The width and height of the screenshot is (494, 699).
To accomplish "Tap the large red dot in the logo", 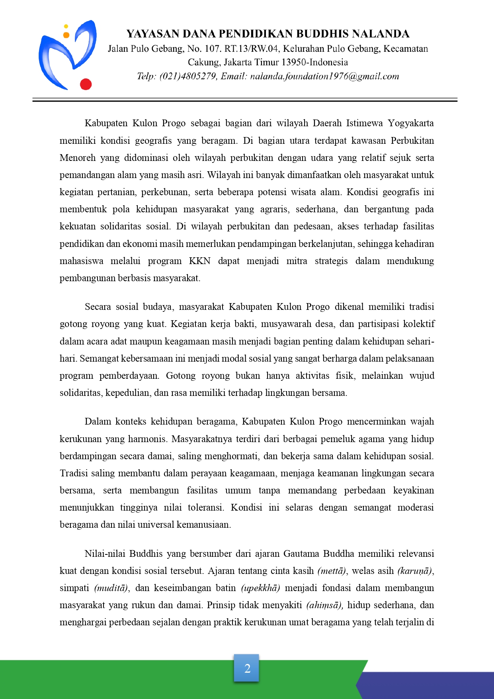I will pos(86,84).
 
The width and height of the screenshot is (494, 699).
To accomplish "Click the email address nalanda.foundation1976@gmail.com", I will pos(324,76).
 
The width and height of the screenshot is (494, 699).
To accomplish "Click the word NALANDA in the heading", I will pos(381,33).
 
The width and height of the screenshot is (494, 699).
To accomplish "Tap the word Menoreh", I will pos(78,158).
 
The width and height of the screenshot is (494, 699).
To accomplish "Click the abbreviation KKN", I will pos(199,261).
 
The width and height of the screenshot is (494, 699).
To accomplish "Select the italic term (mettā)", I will pos(332,571).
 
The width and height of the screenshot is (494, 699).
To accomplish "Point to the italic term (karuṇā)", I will pos(415,571).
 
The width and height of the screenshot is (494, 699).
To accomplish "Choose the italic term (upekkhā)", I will pos(260,588).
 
